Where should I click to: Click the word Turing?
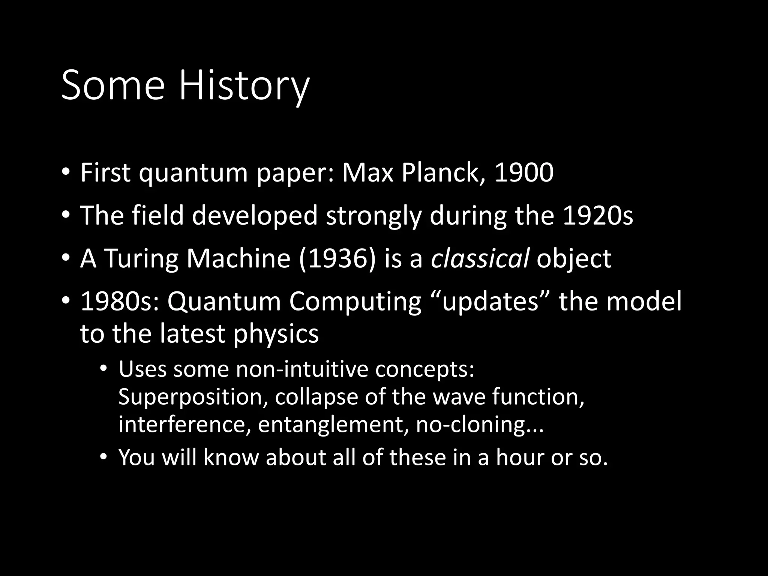[x=141, y=259]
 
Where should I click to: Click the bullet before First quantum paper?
[x=66, y=173]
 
